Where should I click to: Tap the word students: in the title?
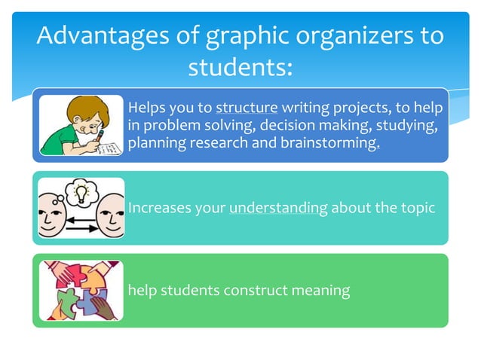pos(239,68)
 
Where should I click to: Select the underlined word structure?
pos(247,107)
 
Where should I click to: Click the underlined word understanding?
pos(278,207)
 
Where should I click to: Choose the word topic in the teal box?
pos(418,207)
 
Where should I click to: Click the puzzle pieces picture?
pos(79,290)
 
